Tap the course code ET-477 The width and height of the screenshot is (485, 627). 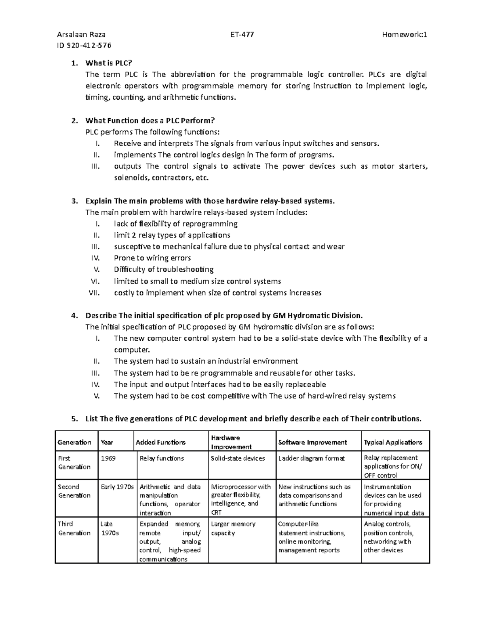(x=242, y=34)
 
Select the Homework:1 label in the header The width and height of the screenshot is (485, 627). (x=405, y=34)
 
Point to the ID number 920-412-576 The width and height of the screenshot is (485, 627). (x=84, y=45)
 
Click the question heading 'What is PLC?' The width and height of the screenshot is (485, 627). (x=109, y=63)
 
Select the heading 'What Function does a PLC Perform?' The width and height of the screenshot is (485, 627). (x=150, y=120)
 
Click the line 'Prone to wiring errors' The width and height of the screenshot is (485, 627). (x=152, y=258)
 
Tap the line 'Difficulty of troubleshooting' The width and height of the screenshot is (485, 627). (x=164, y=269)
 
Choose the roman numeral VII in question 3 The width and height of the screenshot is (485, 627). (x=94, y=293)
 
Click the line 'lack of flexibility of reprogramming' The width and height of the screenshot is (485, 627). (x=175, y=224)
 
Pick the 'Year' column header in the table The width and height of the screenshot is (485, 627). (x=107, y=442)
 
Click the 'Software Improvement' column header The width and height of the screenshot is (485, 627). (x=312, y=442)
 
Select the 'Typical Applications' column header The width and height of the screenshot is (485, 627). (x=393, y=442)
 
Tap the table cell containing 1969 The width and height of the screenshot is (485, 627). (x=108, y=458)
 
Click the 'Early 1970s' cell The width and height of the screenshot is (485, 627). (x=117, y=487)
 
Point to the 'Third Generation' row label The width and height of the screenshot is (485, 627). (x=74, y=528)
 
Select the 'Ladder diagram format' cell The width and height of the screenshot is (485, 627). (x=312, y=458)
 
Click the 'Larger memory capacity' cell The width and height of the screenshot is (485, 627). (x=233, y=528)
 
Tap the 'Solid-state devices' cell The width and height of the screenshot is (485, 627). (x=238, y=458)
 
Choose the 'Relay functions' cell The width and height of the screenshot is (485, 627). (x=162, y=458)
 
